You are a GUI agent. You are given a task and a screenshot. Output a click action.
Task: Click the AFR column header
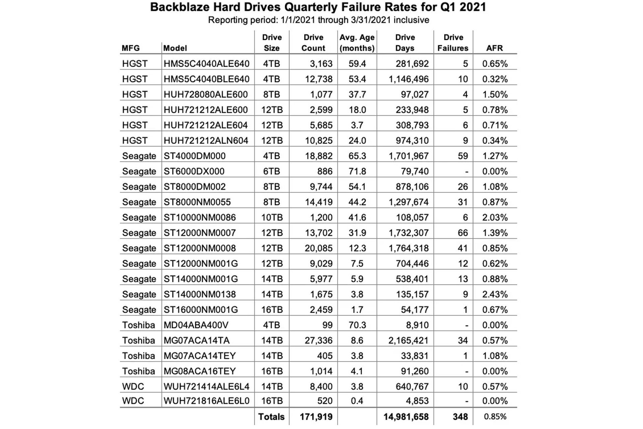[x=494, y=48]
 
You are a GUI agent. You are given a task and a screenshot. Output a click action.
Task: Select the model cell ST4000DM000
[x=195, y=156]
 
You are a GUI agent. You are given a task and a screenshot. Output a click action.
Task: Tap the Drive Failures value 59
[x=462, y=156]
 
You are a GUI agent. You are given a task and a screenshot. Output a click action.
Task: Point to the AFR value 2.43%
[x=495, y=294]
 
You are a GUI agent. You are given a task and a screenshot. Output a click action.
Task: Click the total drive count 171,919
[x=316, y=417]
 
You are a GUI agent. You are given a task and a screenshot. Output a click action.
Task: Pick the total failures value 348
[x=460, y=417]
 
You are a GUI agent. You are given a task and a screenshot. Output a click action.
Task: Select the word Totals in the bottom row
[x=271, y=417]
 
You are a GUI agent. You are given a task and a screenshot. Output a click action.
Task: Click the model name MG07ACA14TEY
[x=200, y=356]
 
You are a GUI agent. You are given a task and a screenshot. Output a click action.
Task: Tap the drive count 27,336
[x=318, y=340]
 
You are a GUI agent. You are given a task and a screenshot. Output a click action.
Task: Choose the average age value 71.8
[x=357, y=171]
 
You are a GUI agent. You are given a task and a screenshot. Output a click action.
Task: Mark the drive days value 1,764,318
[x=408, y=248]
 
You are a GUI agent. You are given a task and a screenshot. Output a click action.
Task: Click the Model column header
[x=175, y=48]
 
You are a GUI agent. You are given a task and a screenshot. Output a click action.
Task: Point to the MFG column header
[x=131, y=48]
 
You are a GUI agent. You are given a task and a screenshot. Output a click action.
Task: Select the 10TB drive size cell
[x=272, y=217]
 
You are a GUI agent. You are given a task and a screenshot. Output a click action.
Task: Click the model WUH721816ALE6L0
[x=206, y=401]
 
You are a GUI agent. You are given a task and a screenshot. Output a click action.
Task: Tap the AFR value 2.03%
[x=495, y=217]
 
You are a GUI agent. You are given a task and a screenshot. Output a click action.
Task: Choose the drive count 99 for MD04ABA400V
[x=327, y=325]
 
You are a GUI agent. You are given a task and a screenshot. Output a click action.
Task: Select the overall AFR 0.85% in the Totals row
[x=495, y=417]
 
